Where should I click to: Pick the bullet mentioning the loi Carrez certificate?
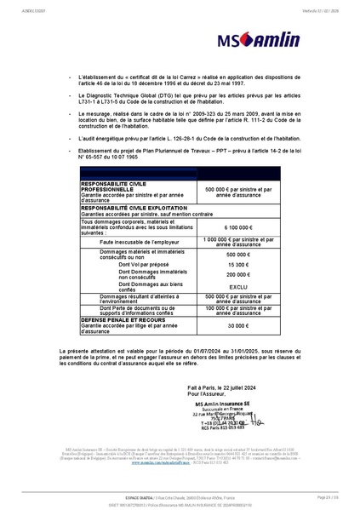(183, 79)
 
